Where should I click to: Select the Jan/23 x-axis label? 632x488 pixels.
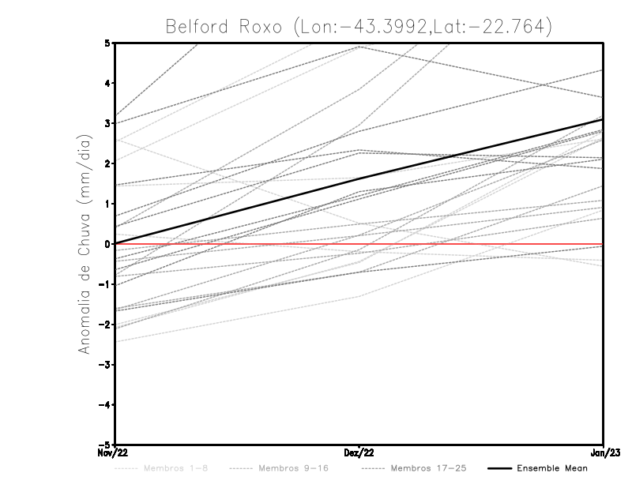coord(604,452)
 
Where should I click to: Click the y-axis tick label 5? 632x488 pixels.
coord(107,43)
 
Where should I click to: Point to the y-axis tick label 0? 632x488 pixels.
coord(107,244)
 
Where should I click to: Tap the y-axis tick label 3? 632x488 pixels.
coord(107,123)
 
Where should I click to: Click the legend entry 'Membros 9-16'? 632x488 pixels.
coord(292,468)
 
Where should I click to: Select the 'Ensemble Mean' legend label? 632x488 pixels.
coord(552,468)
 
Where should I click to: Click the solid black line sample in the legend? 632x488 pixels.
coord(498,468)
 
